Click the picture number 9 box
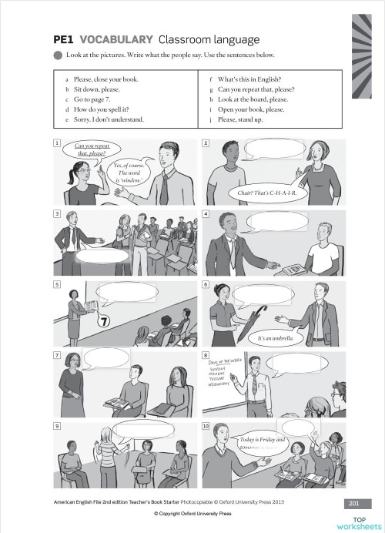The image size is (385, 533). tap(56, 426)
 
